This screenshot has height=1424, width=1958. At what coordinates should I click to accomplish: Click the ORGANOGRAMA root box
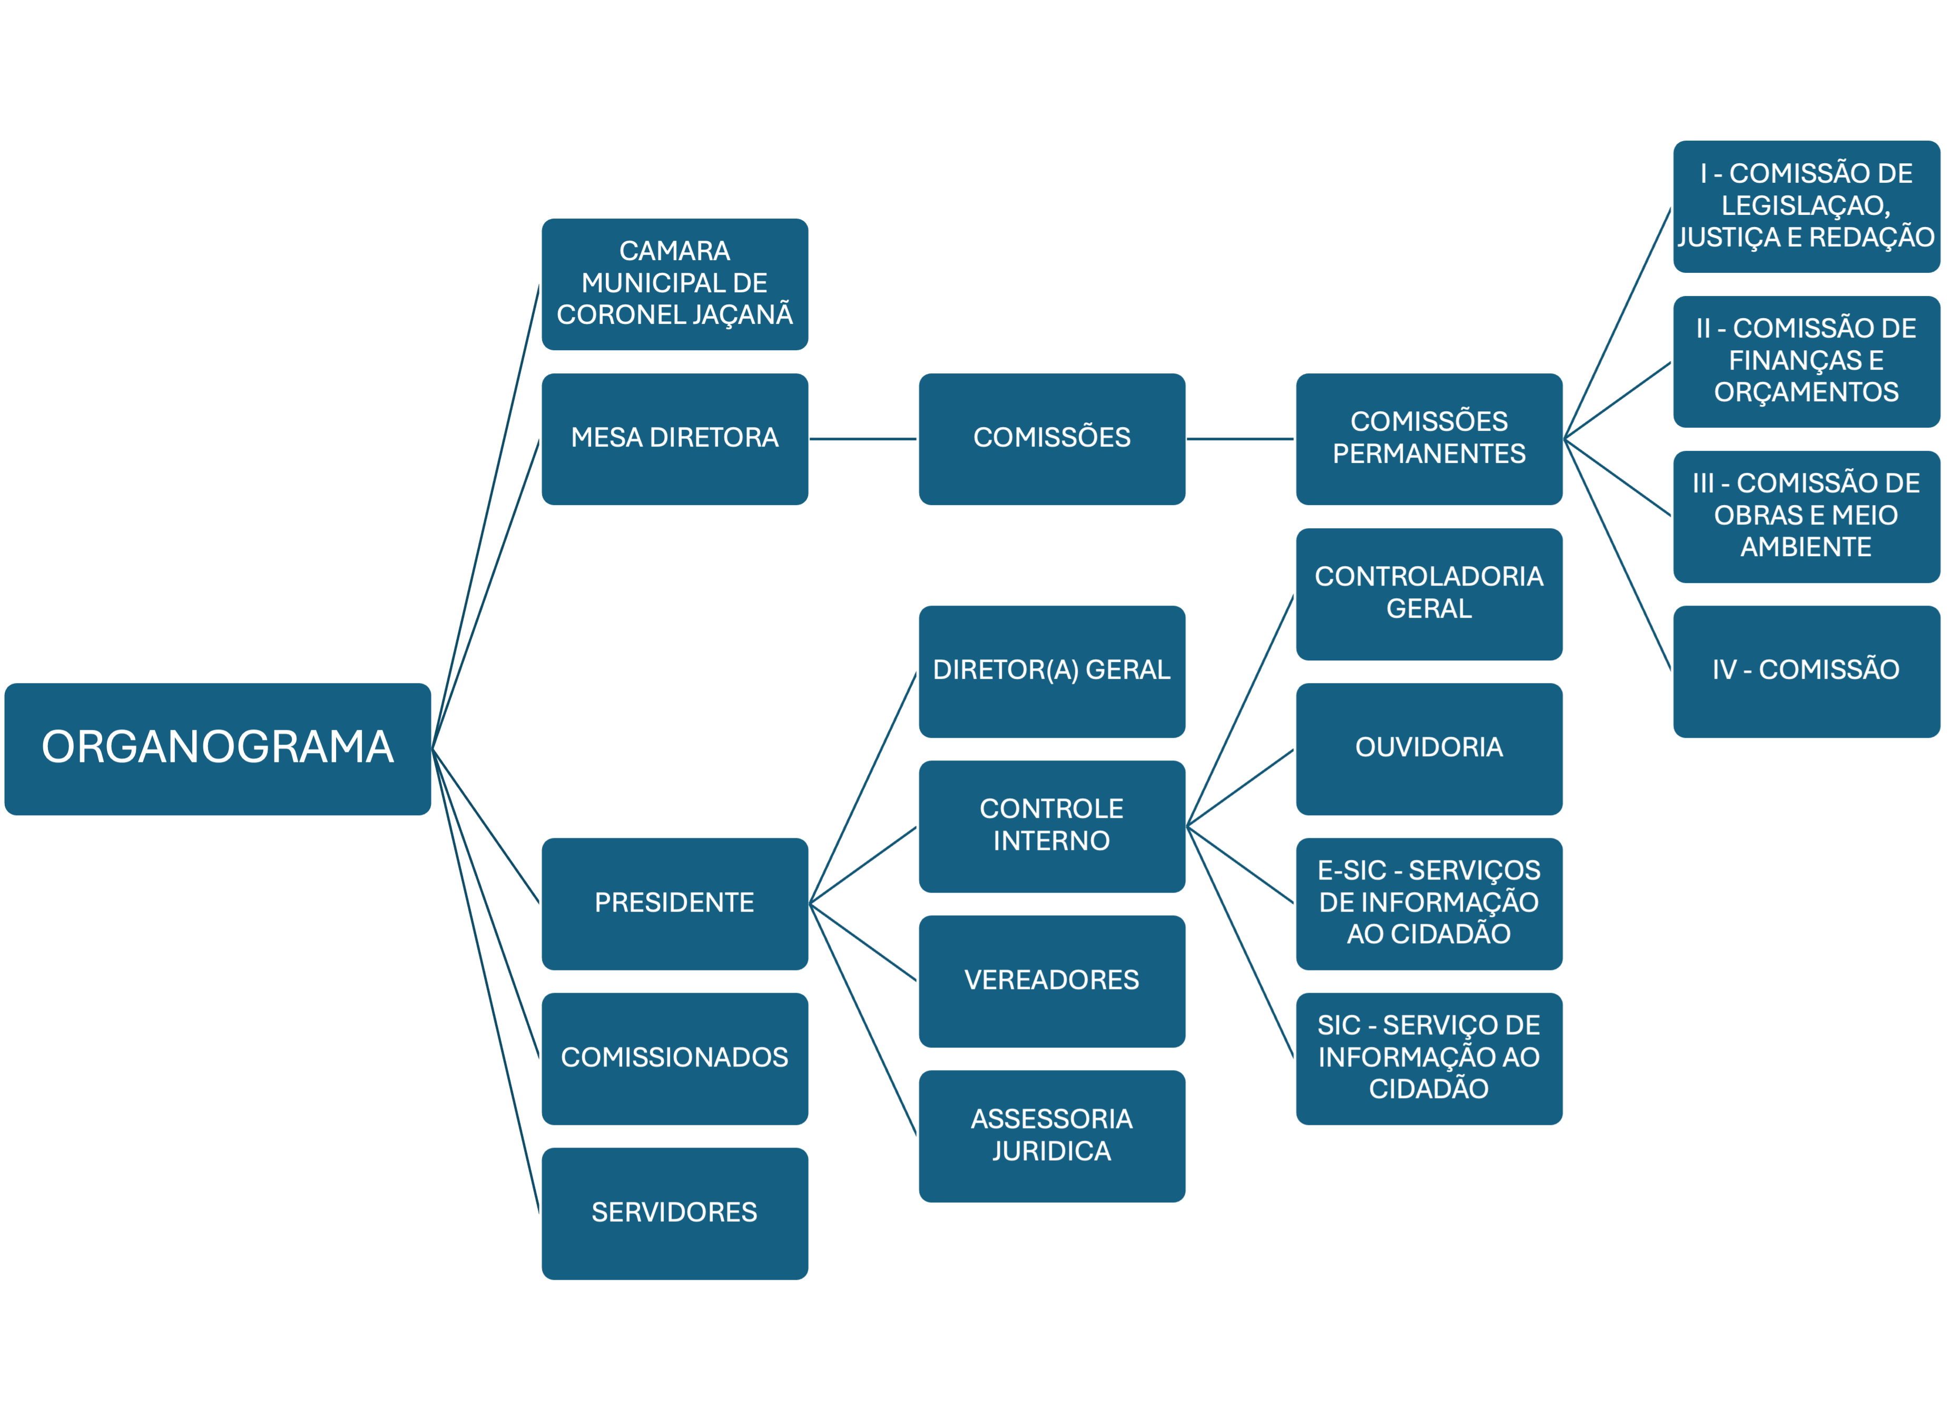pos(218,748)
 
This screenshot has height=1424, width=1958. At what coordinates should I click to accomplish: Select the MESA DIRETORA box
pos(674,439)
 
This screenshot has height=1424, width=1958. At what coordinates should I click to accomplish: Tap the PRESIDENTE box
pos(674,903)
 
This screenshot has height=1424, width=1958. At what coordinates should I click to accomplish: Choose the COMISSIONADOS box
pos(674,1058)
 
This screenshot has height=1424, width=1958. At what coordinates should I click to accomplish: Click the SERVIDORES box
pos(674,1212)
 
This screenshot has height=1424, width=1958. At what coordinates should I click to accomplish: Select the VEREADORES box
pos(1051,981)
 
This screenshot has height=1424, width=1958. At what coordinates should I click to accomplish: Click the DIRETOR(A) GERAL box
pos(1051,670)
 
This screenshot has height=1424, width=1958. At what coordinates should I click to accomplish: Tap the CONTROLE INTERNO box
pos(1051,826)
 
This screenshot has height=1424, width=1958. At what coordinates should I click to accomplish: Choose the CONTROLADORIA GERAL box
pos(1429,594)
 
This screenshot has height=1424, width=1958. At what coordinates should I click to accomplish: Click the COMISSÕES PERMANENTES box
pos(1429,439)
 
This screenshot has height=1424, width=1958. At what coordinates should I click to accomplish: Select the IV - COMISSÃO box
pos(1806,670)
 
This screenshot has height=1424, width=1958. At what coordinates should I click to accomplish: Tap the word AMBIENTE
pos(1806,547)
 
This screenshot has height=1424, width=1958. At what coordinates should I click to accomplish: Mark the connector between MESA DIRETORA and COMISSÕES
pos(863,439)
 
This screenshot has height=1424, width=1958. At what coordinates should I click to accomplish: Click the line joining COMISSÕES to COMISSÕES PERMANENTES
pos(1241,439)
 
